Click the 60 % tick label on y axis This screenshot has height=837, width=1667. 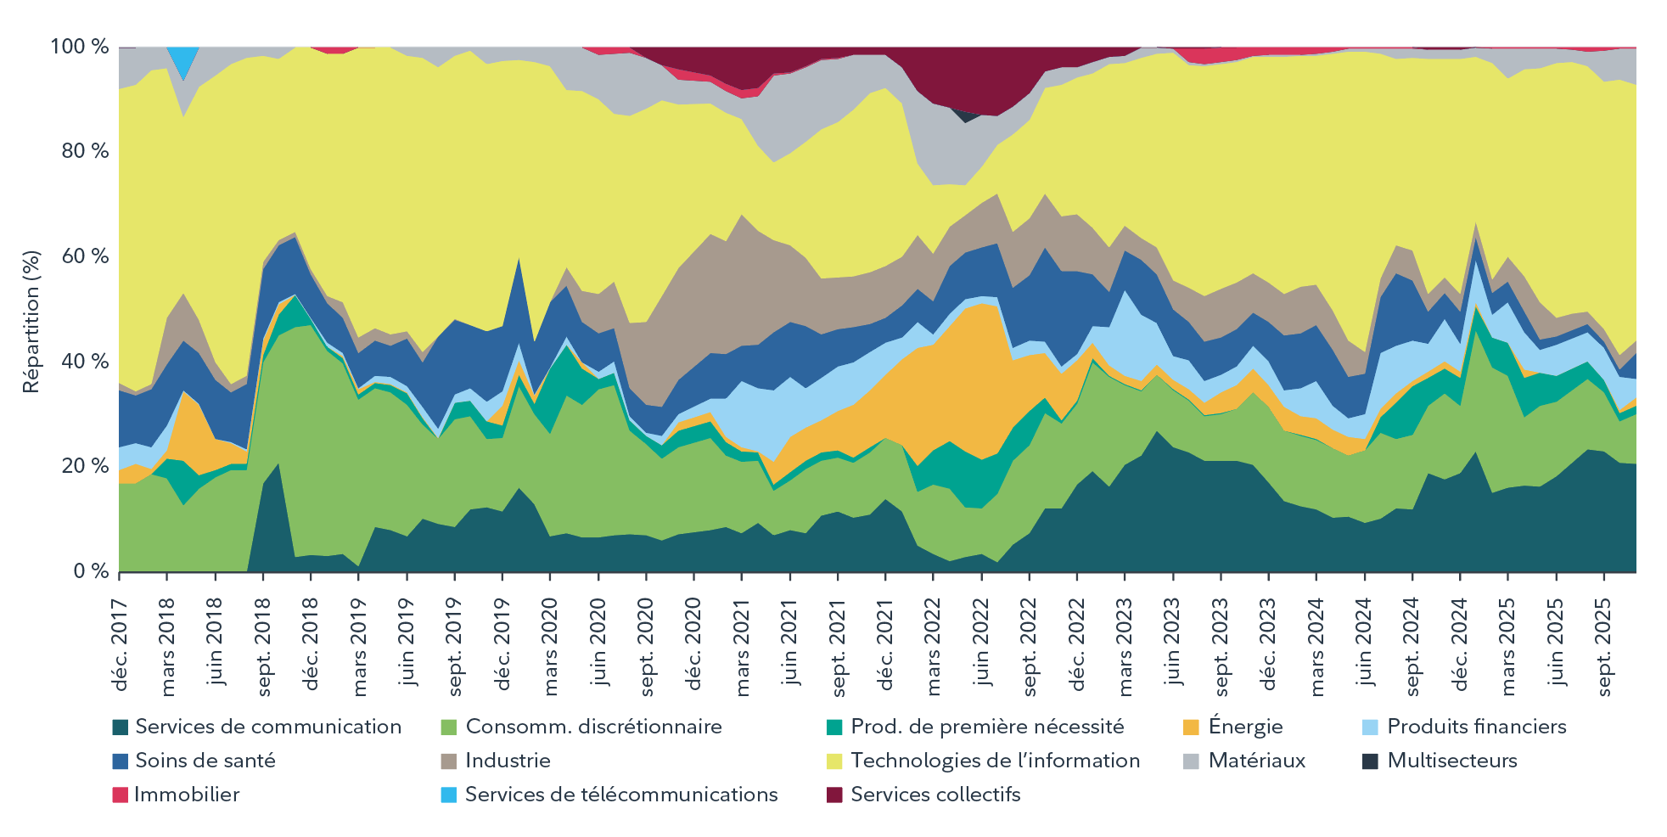(85, 256)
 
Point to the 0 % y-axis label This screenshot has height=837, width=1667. (91, 571)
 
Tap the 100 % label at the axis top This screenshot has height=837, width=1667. (80, 47)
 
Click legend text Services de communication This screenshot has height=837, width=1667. (268, 727)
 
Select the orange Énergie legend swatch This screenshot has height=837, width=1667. (1191, 727)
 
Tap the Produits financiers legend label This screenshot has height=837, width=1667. (1476, 727)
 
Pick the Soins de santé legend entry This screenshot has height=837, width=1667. (205, 761)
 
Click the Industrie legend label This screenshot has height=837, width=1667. (508, 761)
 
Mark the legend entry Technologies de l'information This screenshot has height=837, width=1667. (995, 761)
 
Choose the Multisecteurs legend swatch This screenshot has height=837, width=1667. (1370, 761)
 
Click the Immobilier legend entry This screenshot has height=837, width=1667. (187, 795)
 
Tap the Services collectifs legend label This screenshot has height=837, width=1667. (935, 795)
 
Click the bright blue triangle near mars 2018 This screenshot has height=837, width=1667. (182, 59)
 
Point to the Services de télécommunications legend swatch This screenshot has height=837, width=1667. (449, 795)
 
